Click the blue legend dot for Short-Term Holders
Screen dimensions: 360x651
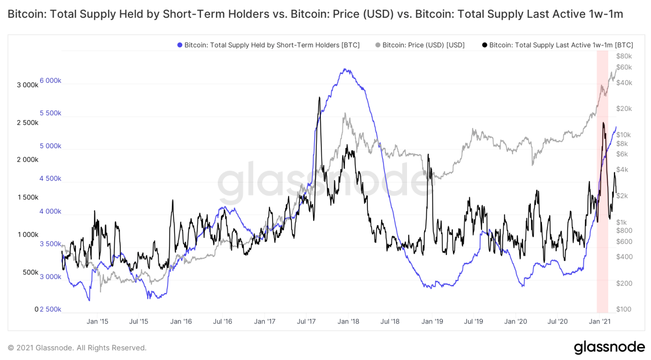point(180,45)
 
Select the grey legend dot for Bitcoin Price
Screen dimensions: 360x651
point(378,45)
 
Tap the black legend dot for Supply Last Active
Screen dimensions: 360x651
point(484,45)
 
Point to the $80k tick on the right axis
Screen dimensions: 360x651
point(624,56)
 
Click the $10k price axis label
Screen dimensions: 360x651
point(624,135)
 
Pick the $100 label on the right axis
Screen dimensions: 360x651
point(624,309)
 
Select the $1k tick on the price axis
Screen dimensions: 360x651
point(624,222)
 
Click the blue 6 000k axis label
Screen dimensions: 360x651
point(51,81)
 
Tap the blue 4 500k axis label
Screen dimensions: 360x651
point(51,179)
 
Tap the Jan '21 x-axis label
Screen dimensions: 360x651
point(600,321)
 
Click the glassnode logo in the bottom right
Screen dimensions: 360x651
point(609,347)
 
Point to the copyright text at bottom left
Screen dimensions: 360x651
point(77,348)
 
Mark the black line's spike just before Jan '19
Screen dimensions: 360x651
point(428,155)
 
